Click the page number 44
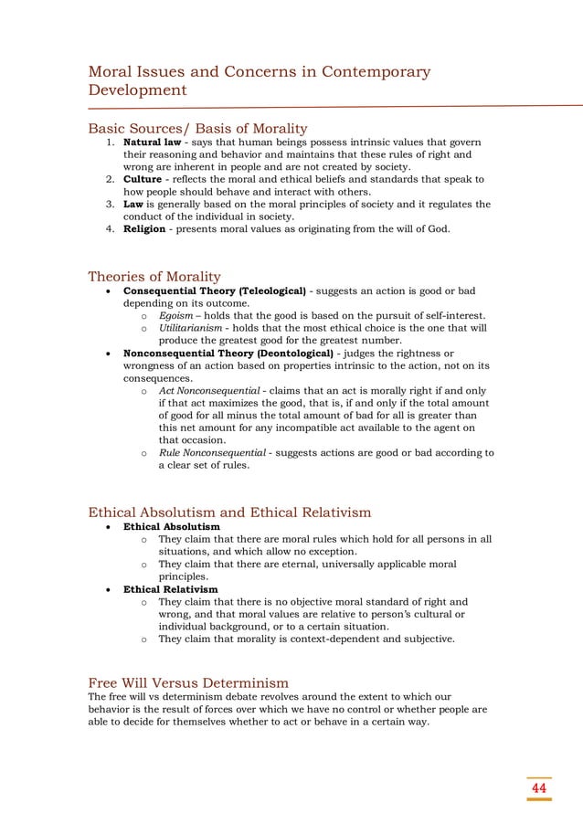click(x=539, y=788)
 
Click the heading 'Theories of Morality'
click(x=154, y=277)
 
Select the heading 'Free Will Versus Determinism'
click(x=187, y=682)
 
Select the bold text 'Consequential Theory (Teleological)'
click(x=214, y=291)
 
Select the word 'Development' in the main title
click(x=136, y=91)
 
